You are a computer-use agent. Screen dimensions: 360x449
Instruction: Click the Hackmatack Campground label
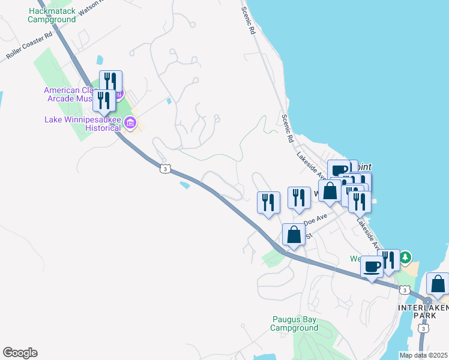tap(52, 15)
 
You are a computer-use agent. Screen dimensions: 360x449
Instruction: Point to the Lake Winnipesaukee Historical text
tap(83, 124)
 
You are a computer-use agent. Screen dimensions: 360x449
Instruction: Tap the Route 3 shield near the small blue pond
tap(164, 169)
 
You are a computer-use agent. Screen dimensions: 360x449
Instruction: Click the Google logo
tap(20, 353)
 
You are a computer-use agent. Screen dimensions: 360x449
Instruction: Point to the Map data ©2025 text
tap(423, 355)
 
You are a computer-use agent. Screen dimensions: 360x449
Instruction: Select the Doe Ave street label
tap(316, 220)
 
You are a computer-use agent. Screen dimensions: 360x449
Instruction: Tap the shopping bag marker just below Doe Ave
tap(294, 235)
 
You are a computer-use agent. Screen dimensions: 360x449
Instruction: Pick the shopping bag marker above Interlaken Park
tap(438, 284)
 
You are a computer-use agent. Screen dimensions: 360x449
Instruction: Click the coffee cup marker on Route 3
tap(372, 266)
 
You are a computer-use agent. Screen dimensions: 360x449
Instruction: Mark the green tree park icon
tap(406, 257)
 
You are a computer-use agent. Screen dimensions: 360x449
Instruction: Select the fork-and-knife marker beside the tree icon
tap(389, 260)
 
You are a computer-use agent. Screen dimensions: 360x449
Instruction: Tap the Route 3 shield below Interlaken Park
tap(424, 329)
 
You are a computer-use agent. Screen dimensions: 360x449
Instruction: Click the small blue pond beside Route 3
tap(185, 185)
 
